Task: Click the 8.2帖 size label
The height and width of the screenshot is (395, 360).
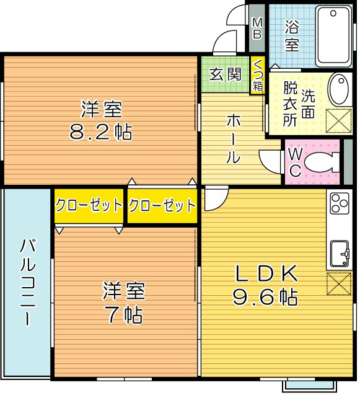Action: click(100, 132)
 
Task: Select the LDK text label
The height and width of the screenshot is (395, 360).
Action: click(265, 273)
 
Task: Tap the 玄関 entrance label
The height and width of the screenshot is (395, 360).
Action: click(224, 74)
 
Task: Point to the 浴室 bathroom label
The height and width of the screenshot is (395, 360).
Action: click(292, 35)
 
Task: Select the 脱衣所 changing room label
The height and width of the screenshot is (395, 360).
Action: click(290, 103)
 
